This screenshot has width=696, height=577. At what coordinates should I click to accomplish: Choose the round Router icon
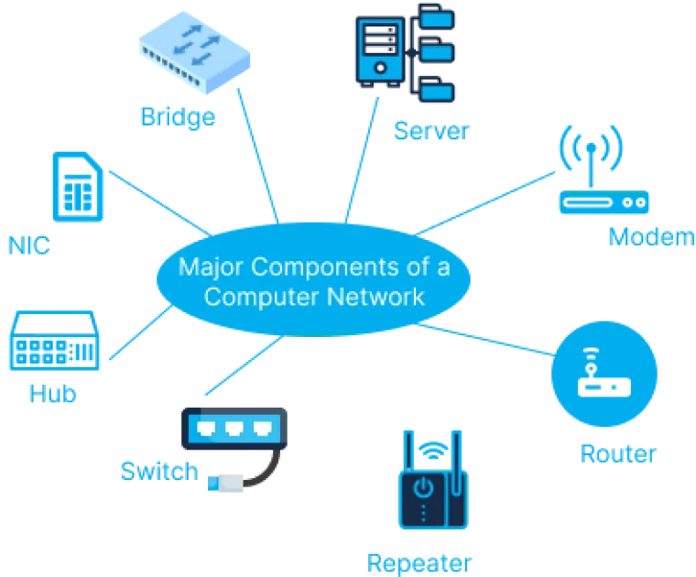(604, 376)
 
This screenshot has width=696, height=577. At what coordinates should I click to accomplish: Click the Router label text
(618, 452)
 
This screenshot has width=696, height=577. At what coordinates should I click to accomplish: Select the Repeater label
(419, 561)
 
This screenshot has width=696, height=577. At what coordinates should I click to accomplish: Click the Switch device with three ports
(234, 428)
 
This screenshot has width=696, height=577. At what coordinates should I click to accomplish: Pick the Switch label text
(158, 472)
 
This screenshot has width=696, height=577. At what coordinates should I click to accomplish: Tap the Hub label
(52, 393)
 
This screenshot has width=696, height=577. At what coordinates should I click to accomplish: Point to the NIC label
(28, 245)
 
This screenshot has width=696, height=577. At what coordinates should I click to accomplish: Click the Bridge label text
(178, 116)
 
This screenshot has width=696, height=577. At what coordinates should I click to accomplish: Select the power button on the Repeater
(422, 487)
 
